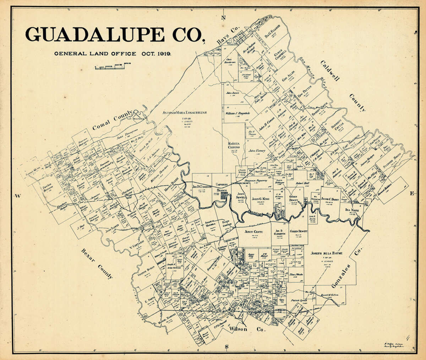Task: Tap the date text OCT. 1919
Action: point(155,54)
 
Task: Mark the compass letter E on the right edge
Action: point(412,194)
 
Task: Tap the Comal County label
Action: point(113,122)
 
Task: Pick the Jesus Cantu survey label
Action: point(253,231)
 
